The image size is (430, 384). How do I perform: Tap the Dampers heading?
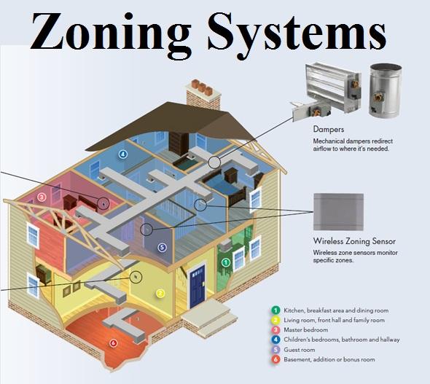[x=328, y=129]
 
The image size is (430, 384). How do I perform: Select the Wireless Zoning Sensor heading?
[x=354, y=241]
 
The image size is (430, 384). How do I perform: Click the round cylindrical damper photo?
[x=385, y=90]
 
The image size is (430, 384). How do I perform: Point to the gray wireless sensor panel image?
[x=339, y=211]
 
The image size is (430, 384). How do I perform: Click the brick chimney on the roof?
[x=203, y=95]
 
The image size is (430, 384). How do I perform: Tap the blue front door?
[x=198, y=286]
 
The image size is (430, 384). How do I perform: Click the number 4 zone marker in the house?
[x=123, y=154]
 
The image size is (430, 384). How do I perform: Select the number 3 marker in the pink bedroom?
[x=42, y=197]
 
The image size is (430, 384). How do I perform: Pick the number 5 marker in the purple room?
[x=162, y=248]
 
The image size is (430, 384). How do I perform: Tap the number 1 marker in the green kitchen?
[x=226, y=262]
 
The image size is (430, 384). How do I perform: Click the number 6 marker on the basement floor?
[x=113, y=343]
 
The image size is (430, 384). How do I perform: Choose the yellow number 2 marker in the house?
[x=160, y=294]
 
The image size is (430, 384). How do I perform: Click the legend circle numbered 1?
[x=275, y=310]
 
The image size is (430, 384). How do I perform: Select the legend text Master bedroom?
[x=306, y=330]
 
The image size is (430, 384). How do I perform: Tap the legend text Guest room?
[x=300, y=350]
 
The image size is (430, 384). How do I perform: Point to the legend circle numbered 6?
[x=275, y=359]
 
